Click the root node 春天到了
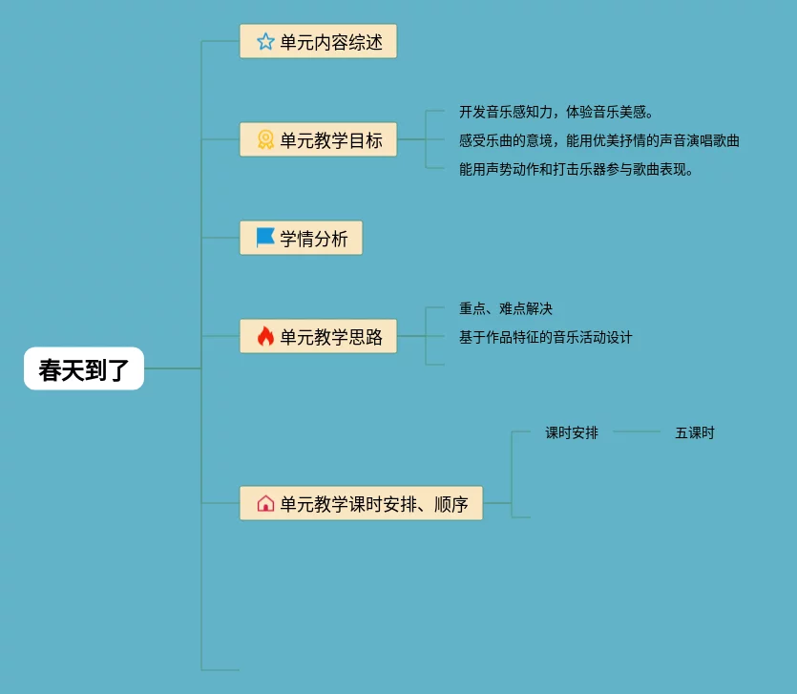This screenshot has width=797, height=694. [84, 368]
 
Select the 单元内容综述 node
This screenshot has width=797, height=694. [318, 42]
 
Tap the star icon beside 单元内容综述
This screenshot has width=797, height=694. [265, 42]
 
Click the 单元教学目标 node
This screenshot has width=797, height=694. [318, 140]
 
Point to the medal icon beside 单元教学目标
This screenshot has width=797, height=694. [265, 140]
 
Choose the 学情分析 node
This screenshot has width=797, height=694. [301, 239]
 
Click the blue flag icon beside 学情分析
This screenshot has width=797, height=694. [265, 238]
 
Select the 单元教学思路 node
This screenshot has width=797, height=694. [318, 336]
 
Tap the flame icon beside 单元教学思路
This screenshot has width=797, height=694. [265, 336]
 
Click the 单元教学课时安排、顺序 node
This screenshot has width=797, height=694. [361, 503]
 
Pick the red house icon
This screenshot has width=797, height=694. [265, 503]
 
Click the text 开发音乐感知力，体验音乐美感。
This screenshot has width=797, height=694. [556, 113]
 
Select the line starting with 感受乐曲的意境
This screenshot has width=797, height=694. [598, 140]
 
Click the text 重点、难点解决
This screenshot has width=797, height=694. [506, 308]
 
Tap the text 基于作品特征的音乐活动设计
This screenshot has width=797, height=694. [546, 337]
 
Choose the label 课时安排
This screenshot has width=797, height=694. [572, 432]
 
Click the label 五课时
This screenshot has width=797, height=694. [695, 432]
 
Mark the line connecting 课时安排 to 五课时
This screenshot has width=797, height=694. [637, 432]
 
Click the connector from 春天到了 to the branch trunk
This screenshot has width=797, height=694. [173, 368]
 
